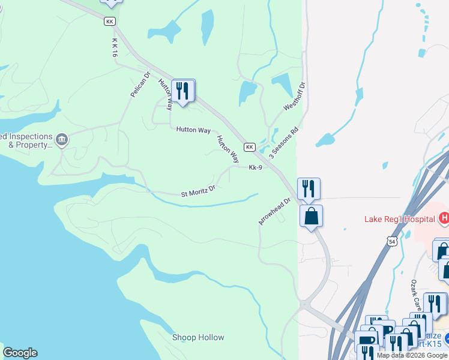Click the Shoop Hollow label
(x=198, y=337)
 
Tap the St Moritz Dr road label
(x=198, y=191)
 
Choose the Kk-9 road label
(x=256, y=167)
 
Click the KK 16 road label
(x=115, y=48)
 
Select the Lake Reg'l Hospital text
(x=400, y=219)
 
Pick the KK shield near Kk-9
(x=250, y=147)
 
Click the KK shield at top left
(x=109, y=21)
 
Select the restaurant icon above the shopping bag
(x=309, y=188)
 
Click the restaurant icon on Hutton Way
(x=183, y=91)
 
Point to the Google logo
(x=20, y=353)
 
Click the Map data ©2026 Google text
(x=412, y=355)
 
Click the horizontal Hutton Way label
(x=193, y=130)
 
